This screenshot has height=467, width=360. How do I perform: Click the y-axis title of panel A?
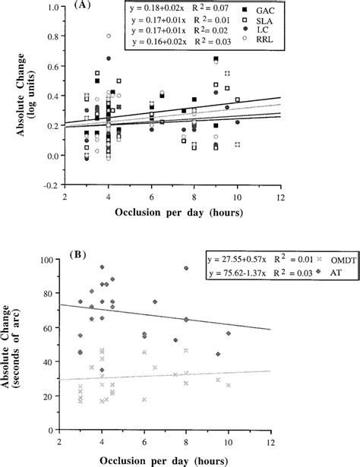37,95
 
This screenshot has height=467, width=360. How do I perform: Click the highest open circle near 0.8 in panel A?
109,36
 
